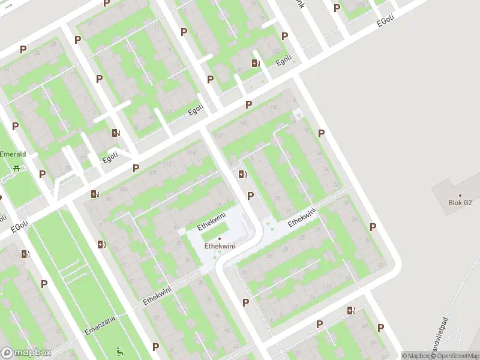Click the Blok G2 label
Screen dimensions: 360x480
coord(460,203)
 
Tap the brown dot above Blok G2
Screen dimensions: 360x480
coord(460,195)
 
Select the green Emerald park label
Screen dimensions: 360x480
coord(12,154)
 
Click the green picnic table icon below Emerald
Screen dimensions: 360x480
coord(16,167)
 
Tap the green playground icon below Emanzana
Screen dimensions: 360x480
coord(119,351)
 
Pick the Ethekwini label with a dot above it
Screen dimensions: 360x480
coord(219,245)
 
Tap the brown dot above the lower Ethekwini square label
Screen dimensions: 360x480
coord(219,239)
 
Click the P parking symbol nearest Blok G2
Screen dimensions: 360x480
coord(373,227)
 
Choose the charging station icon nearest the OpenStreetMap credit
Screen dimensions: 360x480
coord(351,311)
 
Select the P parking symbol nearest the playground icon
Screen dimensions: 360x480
coord(155,347)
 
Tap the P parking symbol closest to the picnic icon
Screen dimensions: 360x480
coord(42,174)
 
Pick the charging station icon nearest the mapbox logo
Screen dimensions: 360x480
coord(25,254)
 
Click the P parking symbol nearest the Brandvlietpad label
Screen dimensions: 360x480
coord(381,328)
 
